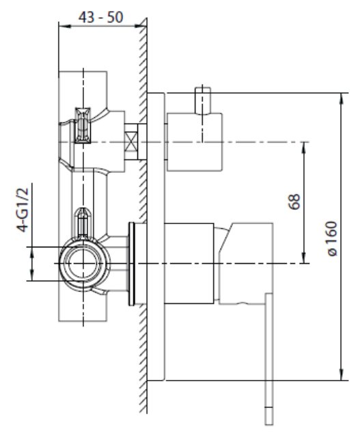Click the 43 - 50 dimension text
(100, 17)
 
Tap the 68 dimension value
(294, 202)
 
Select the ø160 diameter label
(332, 238)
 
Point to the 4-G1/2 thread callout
(23, 210)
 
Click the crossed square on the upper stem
(131, 142)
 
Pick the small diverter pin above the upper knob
(203, 101)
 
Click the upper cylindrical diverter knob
(195, 142)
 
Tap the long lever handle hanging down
(269, 359)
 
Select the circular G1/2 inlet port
(83, 263)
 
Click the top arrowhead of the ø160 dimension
(341, 98)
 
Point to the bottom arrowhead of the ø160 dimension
(341, 375)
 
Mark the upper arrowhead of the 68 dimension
(303, 148)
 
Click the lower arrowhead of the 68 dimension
(303, 258)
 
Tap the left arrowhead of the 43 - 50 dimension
(64, 26)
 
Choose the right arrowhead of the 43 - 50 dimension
(141, 26)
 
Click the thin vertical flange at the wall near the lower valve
(132, 264)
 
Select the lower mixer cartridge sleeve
(189, 263)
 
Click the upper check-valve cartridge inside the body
(83, 125)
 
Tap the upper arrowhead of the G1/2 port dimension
(32, 252)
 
